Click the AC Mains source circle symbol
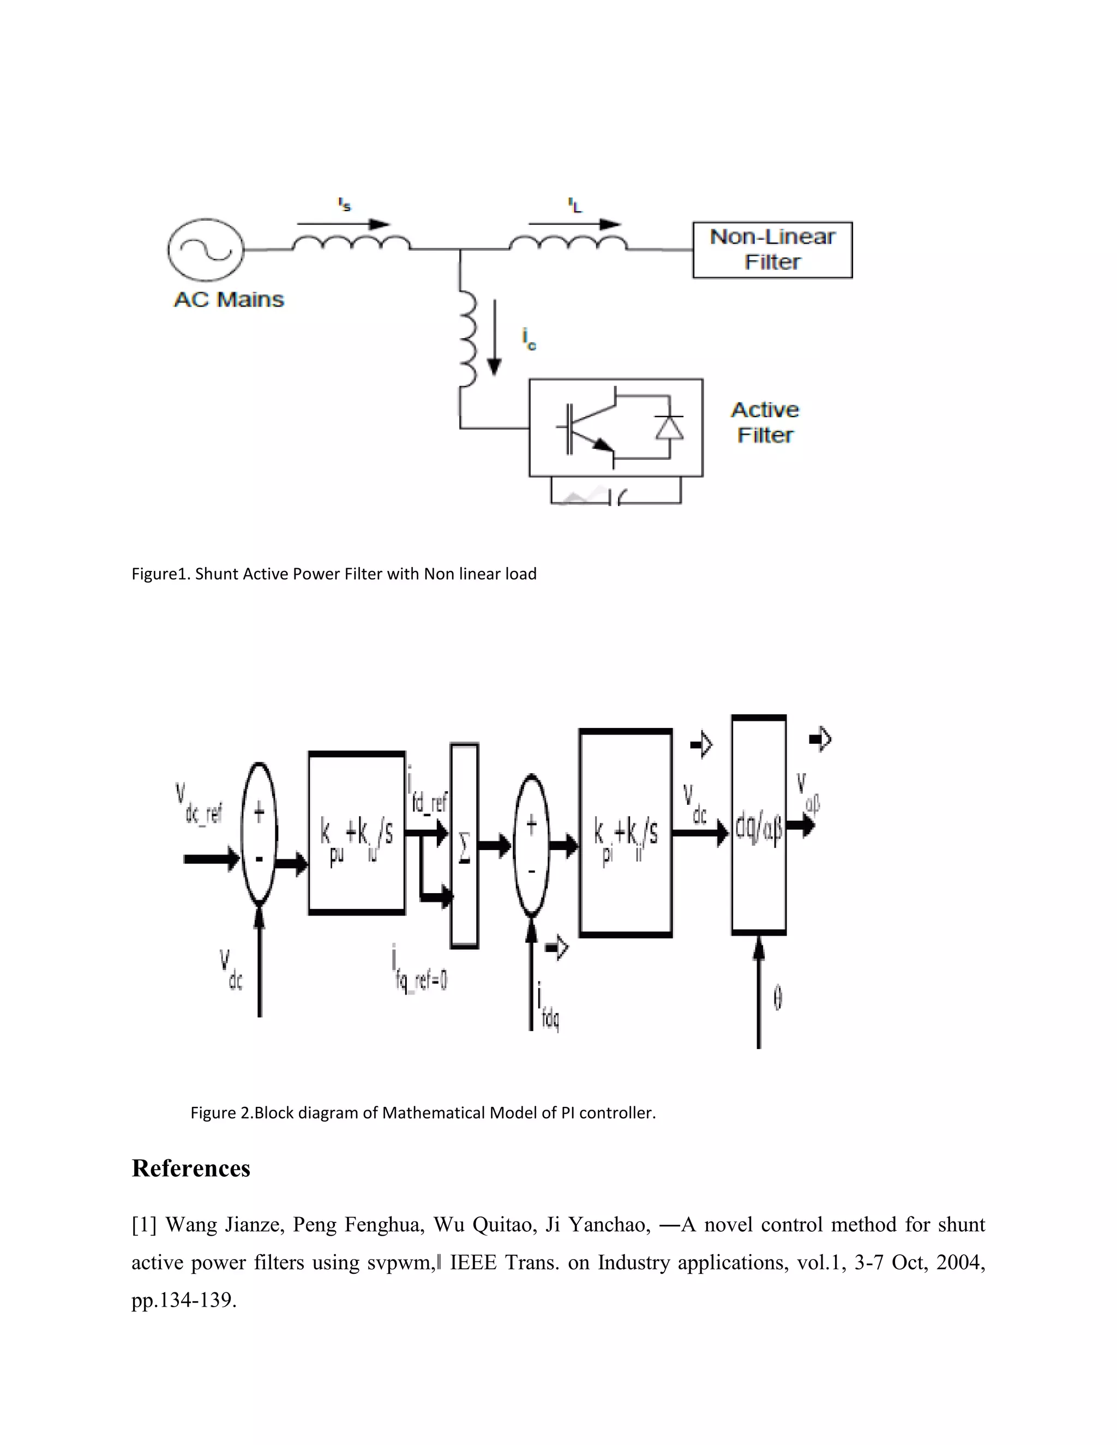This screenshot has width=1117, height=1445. click(x=205, y=250)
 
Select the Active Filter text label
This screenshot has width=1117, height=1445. click(x=765, y=422)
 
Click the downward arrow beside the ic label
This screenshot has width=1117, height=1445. click(x=494, y=338)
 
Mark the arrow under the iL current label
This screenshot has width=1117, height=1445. click(x=574, y=224)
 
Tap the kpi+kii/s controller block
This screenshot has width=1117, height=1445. click(x=626, y=833)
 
